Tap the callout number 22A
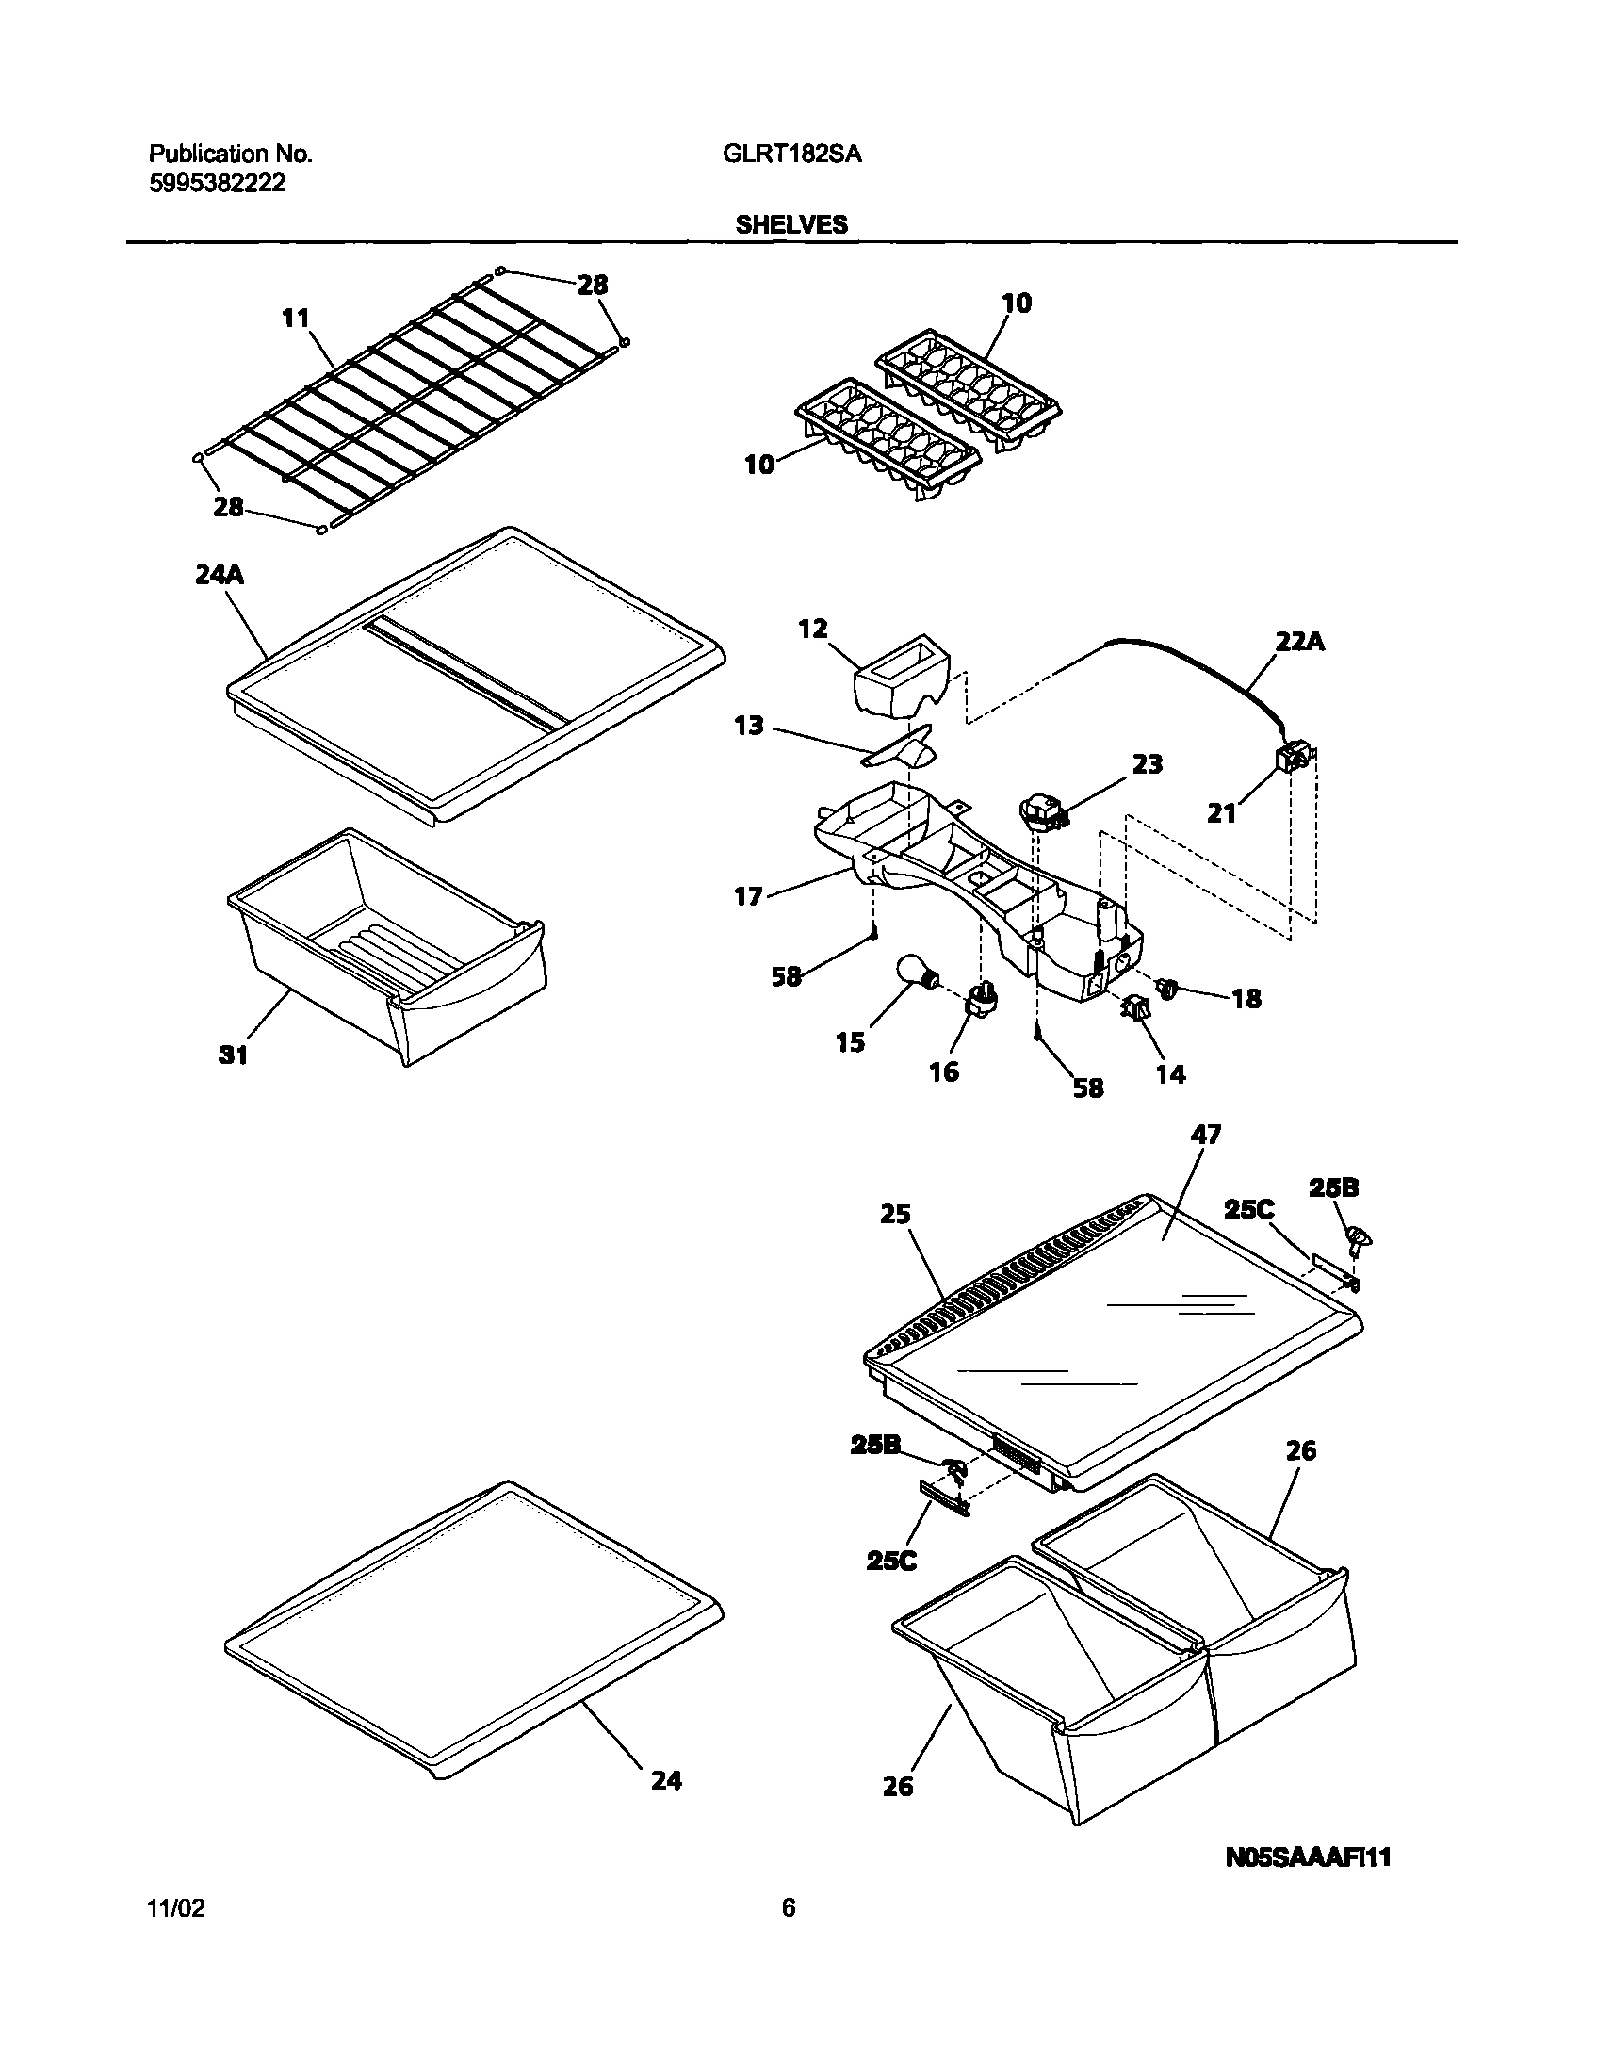click(x=1300, y=643)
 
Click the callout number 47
click(x=1206, y=1135)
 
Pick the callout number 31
click(x=233, y=1055)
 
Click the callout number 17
click(x=748, y=895)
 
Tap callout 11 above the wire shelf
click(x=297, y=319)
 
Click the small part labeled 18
click(x=1168, y=989)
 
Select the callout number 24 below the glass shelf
click(x=666, y=1780)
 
